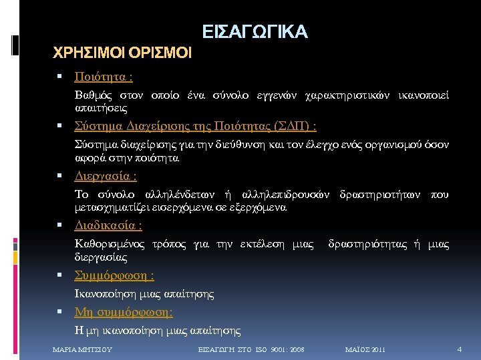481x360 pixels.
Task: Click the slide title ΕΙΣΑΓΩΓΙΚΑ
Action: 255,31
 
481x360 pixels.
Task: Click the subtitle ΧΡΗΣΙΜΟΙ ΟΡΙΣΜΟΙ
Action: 122,52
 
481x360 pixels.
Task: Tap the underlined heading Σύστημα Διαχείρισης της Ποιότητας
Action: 195,127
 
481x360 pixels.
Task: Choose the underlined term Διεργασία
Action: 106,177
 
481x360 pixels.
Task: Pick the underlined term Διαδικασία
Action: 108,226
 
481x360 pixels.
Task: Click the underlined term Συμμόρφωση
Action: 114,275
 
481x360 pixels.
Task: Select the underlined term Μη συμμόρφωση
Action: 124,312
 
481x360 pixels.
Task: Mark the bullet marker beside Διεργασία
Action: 60,177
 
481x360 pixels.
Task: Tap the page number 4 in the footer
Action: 459,349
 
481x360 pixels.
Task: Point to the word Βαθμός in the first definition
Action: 94,96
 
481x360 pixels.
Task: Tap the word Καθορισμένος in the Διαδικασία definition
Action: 108,245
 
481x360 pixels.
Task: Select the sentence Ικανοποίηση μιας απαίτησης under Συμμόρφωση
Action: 144,293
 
